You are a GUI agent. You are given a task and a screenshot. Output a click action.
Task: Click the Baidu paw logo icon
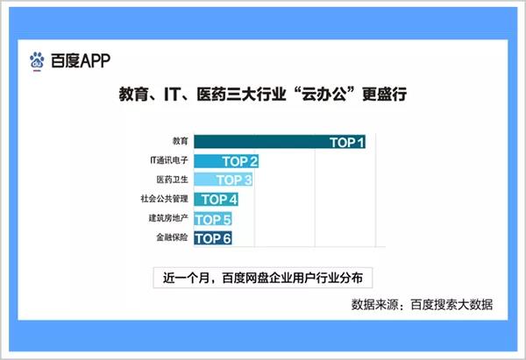37,60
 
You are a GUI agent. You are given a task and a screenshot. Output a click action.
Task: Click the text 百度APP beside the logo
81,60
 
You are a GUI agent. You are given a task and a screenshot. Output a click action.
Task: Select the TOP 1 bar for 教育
280,142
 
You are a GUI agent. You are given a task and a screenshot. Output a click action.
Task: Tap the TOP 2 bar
226,161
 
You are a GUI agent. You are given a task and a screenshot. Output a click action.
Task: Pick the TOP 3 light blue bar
224,180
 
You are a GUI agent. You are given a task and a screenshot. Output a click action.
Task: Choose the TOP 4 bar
216,200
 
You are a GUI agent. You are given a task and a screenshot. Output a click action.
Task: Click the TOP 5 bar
213,219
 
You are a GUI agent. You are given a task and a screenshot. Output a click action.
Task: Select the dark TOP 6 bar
213,238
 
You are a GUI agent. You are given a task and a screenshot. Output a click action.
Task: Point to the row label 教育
180,141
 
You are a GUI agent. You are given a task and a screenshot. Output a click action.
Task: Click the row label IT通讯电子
169,160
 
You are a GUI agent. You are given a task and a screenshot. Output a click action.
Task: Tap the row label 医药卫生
172,180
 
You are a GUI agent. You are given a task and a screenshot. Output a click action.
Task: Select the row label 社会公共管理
165,199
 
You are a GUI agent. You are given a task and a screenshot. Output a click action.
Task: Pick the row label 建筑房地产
168,218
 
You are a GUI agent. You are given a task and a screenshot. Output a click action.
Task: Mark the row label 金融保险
172,237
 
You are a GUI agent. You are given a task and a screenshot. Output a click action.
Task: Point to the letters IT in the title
172,95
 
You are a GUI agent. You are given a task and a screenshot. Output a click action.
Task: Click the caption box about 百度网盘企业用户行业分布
263,278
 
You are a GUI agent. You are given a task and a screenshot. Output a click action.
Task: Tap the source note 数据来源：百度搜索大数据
422,305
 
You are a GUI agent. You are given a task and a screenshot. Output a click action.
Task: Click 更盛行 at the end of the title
385,95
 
